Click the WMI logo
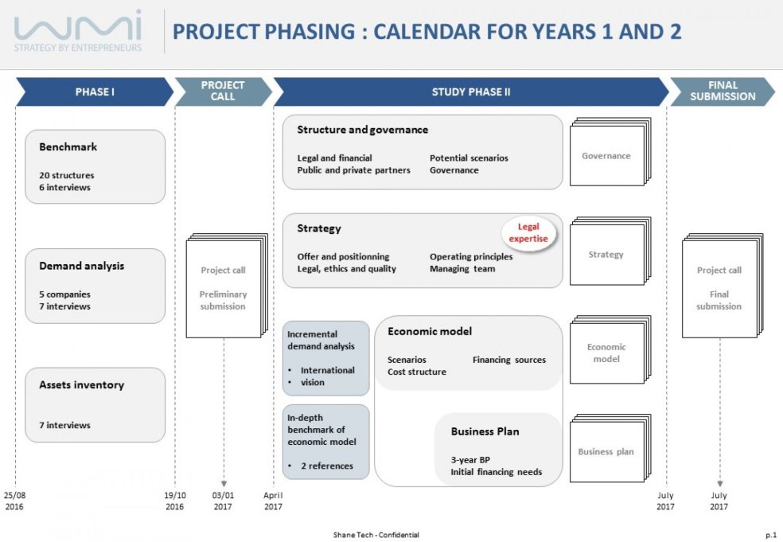(78, 31)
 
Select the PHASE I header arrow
(95, 92)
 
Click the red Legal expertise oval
(529, 232)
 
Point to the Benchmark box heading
(68, 147)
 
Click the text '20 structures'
(66, 175)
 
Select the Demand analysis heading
(81, 266)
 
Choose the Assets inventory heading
(81, 385)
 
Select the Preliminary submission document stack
(224, 287)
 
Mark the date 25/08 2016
(14, 501)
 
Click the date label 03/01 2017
(224, 501)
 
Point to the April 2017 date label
(273, 501)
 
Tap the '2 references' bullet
(325, 466)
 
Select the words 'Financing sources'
(509, 360)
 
